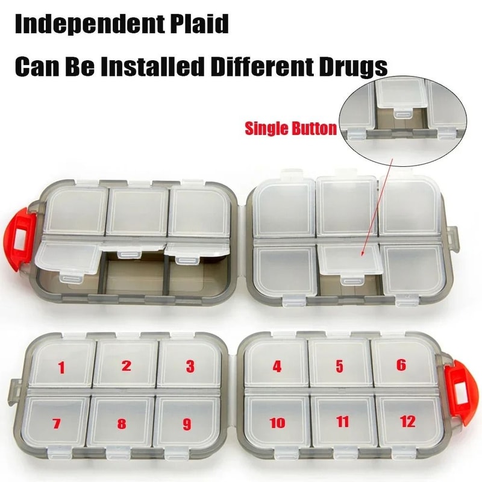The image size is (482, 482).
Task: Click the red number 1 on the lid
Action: point(60,366)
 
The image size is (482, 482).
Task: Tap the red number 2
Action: point(126,365)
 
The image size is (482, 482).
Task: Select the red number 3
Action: point(190,366)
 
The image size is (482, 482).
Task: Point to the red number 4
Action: point(277,365)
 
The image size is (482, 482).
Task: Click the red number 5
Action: point(339,365)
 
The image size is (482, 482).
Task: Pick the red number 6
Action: point(401,365)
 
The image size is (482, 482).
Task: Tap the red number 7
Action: point(56,424)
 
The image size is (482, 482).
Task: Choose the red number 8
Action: point(122,424)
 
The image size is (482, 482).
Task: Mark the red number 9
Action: point(186,424)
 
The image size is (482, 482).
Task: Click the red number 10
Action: point(277,423)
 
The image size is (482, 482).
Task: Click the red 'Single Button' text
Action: point(290,128)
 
